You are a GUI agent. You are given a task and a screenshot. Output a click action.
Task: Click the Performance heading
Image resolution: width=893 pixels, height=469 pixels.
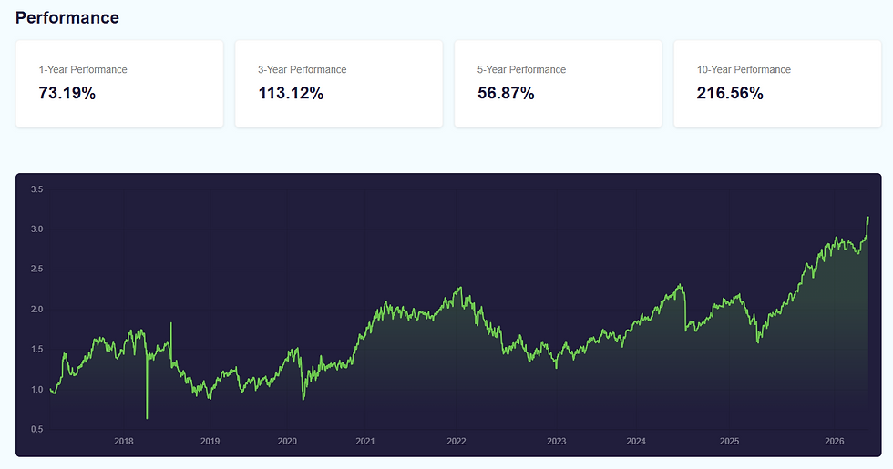[67, 17]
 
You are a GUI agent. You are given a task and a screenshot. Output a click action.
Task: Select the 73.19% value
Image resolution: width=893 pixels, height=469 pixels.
[67, 93]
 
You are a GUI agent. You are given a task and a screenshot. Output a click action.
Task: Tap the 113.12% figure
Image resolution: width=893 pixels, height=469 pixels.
[291, 93]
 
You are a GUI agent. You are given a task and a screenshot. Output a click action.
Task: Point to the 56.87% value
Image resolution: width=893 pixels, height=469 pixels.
[506, 93]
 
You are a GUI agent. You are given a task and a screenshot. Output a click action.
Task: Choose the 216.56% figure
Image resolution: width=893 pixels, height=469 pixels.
[730, 93]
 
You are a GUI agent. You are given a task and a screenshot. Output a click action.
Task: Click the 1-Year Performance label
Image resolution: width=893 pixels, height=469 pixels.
[83, 69]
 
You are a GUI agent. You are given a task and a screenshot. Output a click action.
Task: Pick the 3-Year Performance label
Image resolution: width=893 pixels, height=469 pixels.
[302, 69]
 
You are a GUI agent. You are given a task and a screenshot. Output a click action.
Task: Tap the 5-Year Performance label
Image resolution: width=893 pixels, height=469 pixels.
[521, 69]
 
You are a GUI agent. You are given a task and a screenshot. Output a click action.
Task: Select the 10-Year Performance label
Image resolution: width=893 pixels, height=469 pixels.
[744, 69]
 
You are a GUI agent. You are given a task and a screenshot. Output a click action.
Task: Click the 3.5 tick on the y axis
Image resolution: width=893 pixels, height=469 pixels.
[37, 189]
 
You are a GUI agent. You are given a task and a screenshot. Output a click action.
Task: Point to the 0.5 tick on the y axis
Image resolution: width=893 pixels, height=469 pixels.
[37, 429]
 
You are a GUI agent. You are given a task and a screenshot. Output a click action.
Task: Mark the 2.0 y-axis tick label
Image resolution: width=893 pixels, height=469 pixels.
[37, 310]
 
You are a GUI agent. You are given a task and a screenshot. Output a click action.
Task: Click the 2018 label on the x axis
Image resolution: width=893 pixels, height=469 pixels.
[124, 441]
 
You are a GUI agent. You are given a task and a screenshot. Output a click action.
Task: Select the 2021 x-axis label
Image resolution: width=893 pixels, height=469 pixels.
[365, 441]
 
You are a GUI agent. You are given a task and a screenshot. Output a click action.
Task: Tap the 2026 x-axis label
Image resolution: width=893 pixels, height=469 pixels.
[835, 441]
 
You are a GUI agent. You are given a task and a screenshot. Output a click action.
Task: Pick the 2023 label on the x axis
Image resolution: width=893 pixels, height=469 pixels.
[557, 441]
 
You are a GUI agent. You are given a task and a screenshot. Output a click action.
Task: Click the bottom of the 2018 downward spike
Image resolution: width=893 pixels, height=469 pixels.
[147, 418]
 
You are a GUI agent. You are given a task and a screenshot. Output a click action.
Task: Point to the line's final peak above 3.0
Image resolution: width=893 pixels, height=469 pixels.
[867, 217]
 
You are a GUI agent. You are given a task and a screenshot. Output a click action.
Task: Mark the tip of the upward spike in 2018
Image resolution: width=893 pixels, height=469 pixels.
[171, 323]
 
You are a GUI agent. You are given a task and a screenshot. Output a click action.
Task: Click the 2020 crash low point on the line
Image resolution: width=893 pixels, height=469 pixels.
[303, 400]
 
